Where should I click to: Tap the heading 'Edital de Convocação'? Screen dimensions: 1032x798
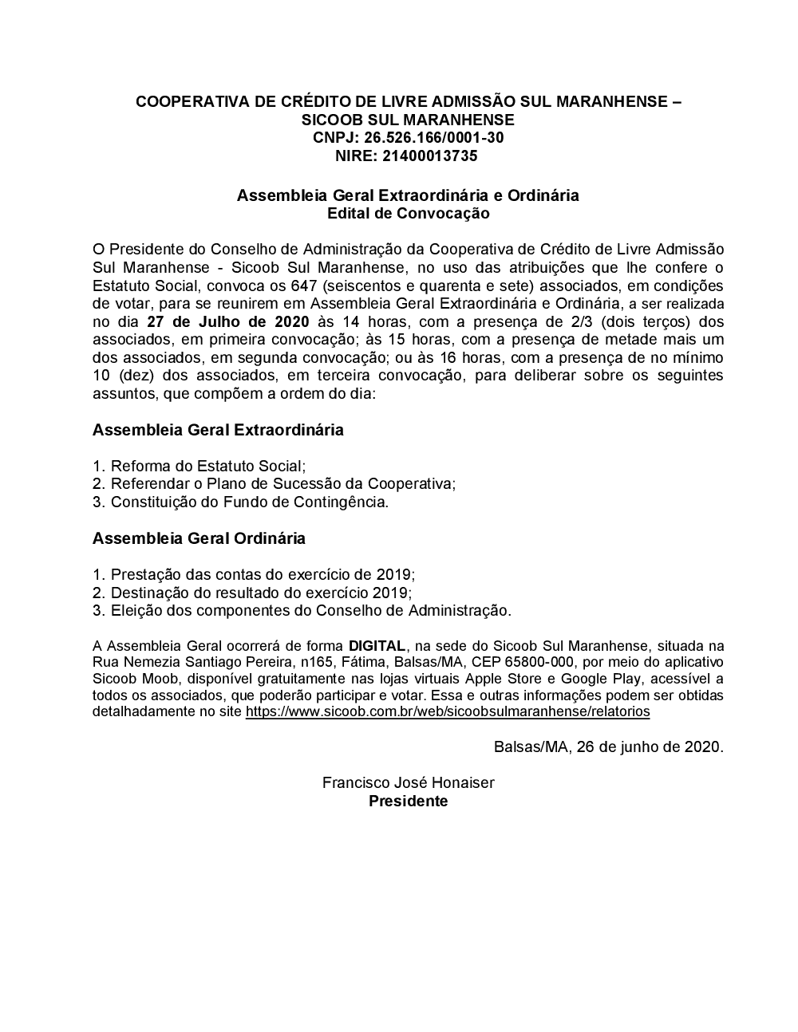[x=408, y=214]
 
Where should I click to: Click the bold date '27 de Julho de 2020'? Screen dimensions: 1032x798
[x=227, y=322]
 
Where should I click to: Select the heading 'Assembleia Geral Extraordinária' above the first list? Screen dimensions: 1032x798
[x=218, y=430]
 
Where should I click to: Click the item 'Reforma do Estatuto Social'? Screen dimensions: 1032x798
[x=207, y=466]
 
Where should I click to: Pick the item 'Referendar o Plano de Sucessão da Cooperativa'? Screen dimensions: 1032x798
[x=282, y=484]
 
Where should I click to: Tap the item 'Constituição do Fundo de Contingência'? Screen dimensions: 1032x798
[x=249, y=502]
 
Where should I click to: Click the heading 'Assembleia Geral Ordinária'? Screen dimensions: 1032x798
[x=199, y=538]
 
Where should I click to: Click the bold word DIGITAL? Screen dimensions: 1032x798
[x=377, y=646]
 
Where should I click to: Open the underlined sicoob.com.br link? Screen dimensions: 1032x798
[x=448, y=711]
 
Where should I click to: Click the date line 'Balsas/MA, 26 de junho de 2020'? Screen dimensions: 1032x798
[x=608, y=747]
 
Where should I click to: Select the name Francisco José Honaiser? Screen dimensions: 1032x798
[x=408, y=783]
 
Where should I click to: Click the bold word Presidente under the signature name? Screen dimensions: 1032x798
[x=408, y=802]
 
